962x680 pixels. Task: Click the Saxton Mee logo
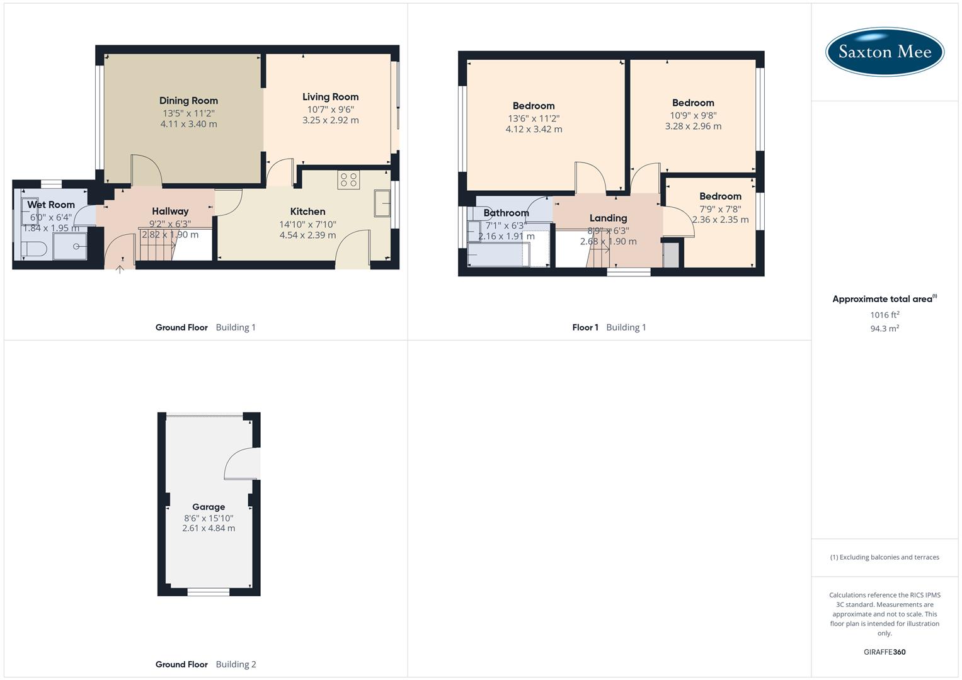(885, 52)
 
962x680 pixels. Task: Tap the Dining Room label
(188, 101)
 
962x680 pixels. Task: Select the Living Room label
(330, 97)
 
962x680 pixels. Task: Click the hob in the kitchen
(348, 180)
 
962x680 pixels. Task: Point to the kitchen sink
(382, 204)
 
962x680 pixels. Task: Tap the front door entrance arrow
(120, 269)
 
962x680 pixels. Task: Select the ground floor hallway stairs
(156, 246)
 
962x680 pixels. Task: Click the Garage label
(209, 507)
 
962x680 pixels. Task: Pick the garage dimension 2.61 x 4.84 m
(209, 528)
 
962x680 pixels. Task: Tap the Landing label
(608, 218)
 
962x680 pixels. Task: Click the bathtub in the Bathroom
(498, 255)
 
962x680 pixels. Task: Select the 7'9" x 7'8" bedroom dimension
(720, 209)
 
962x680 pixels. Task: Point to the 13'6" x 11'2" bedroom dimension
(534, 118)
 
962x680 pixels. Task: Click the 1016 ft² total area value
(885, 315)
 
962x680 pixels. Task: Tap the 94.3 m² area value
(885, 329)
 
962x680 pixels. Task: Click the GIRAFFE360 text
(885, 652)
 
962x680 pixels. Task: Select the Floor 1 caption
(585, 327)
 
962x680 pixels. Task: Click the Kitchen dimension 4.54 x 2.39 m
(307, 235)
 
